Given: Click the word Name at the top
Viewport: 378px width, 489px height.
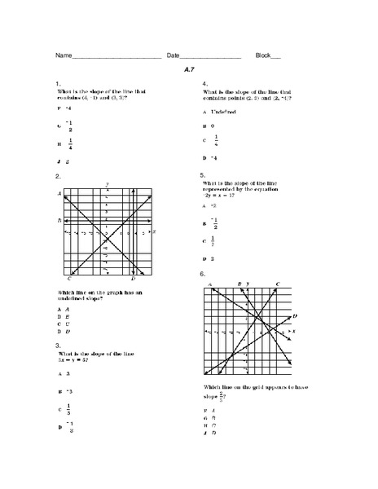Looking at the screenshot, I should tap(64, 55).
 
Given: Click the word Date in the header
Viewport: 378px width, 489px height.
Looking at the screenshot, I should tap(174, 55).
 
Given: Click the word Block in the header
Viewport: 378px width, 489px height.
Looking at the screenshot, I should tap(262, 55).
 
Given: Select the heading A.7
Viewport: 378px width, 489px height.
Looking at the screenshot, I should tap(189, 70).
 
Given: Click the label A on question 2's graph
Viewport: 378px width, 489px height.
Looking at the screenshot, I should tap(59, 193).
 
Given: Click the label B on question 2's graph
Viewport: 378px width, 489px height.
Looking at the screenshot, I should tap(59, 221).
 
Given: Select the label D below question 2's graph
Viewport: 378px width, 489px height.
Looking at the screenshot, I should tap(133, 279).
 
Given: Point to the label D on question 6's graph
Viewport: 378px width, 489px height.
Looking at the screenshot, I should tap(295, 315).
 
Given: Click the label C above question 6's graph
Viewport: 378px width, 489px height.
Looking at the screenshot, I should tap(278, 284).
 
